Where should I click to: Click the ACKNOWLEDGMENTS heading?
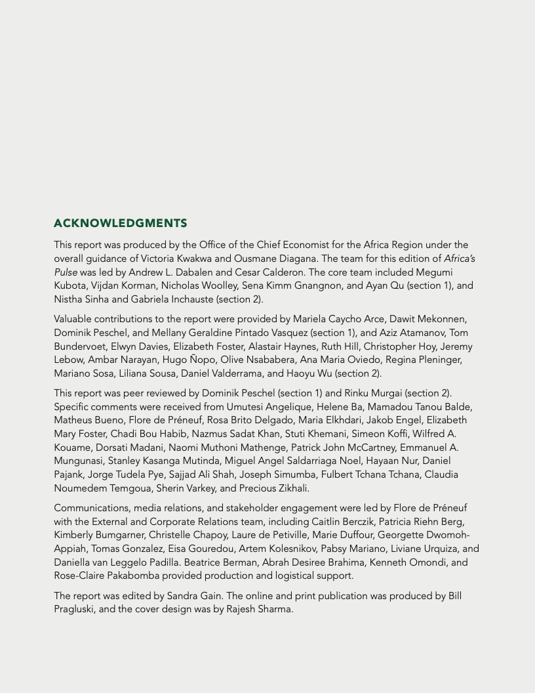[x=121, y=223]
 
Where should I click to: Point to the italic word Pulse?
[x=66, y=272]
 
